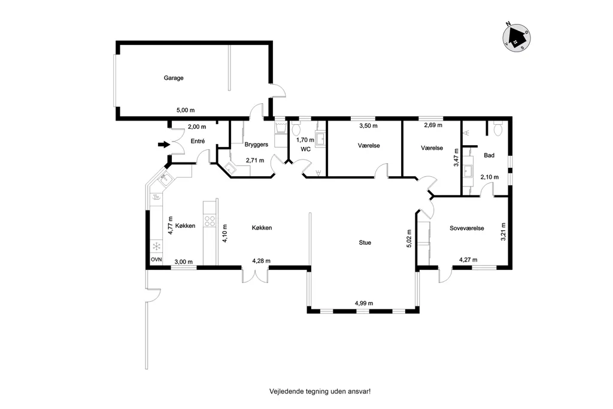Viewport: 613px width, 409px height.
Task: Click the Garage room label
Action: (174, 78)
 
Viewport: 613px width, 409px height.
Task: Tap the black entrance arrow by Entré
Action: (164, 145)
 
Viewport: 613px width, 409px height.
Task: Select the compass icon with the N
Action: (516, 37)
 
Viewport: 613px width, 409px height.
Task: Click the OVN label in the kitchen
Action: (156, 260)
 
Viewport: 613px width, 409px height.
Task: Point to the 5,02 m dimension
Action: (409, 239)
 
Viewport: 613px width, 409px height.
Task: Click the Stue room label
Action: (365, 242)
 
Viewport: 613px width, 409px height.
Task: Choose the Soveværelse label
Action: (467, 228)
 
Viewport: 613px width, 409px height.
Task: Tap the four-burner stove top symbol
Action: (210, 221)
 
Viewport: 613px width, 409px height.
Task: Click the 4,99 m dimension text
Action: (364, 303)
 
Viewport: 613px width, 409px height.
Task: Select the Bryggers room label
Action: (256, 145)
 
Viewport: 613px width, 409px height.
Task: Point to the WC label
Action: (306, 149)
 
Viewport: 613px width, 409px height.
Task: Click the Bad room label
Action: (489, 155)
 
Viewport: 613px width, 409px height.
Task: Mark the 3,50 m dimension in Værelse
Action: (369, 126)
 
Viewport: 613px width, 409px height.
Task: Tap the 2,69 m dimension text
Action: (433, 125)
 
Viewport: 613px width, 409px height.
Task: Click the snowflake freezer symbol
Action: (156, 246)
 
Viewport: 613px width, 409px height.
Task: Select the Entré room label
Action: (198, 141)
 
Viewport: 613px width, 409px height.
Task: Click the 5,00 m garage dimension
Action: (186, 110)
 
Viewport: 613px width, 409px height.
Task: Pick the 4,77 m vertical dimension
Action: (171, 225)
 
